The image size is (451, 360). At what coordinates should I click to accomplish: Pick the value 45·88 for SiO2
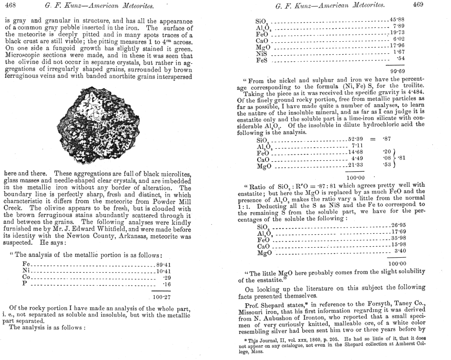(398, 19)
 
